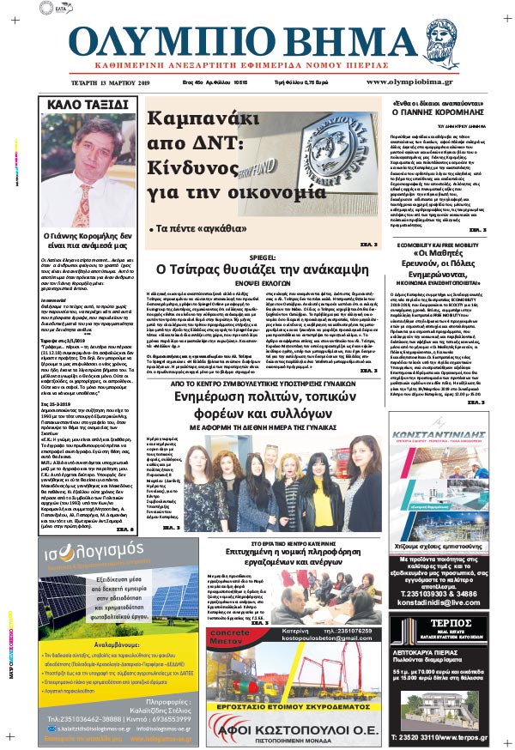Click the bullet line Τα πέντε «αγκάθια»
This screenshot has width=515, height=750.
click(193, 231)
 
